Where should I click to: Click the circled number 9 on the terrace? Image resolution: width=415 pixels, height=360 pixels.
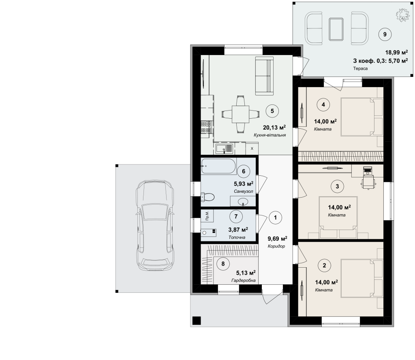click(385, 34)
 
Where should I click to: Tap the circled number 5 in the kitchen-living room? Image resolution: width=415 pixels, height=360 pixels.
click(272, 111)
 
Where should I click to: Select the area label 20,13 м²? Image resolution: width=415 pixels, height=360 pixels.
click(274, 128)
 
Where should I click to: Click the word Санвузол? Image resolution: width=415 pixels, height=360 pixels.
click(243, 191)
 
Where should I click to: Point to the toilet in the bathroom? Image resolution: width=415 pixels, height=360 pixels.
click(208, 197)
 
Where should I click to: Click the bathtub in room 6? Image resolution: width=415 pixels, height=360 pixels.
click(218, 166)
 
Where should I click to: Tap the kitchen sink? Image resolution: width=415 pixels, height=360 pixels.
click(224, 148)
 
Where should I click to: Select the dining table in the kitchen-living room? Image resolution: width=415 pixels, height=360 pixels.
click(241, 114)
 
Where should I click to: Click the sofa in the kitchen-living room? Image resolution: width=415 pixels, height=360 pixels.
click(264, 75)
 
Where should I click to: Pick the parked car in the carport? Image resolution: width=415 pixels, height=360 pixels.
click(155, 226)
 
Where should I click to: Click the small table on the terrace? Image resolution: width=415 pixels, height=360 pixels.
click(336, 29)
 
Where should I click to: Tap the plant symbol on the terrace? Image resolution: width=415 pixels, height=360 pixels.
click(402, 15)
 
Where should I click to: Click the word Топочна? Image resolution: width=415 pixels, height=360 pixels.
click(237, 237)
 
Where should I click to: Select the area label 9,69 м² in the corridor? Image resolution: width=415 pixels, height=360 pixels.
click(277, 239)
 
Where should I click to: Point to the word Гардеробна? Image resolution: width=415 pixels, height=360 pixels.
click(244, 280)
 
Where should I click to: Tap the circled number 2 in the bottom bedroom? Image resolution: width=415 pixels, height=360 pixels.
click(325, 265)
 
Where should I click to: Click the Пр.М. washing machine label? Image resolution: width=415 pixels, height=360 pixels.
click(207, 215)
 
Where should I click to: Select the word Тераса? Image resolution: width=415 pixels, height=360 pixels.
click(360, 68)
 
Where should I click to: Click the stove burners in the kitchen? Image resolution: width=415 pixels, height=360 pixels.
click(206, 127)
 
